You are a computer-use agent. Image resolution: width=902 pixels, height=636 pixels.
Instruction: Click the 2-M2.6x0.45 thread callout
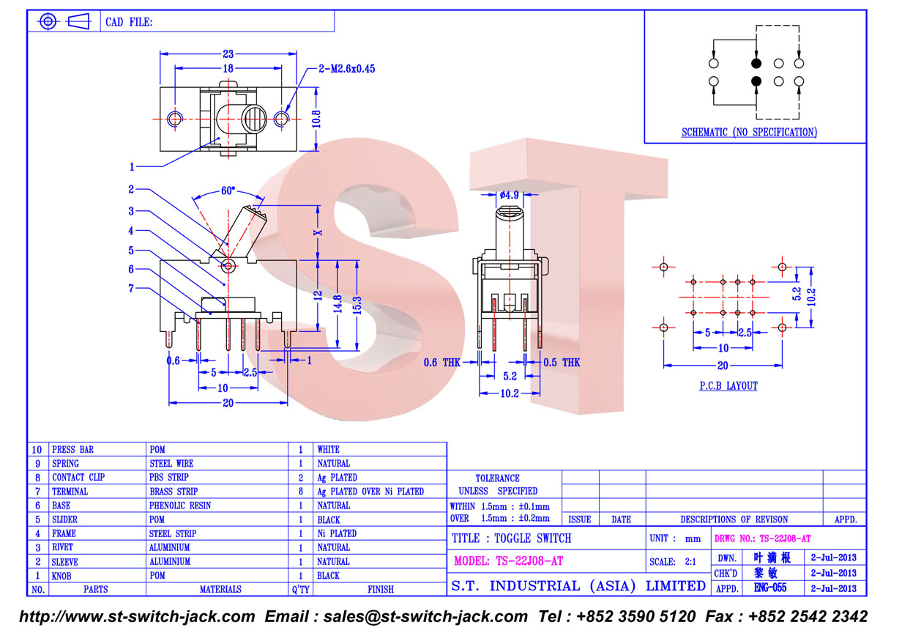[x=347, y=69]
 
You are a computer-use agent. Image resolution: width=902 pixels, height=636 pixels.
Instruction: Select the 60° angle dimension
[x=228, y=191]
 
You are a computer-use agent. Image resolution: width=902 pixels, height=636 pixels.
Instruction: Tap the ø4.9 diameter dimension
[x=509, y=196]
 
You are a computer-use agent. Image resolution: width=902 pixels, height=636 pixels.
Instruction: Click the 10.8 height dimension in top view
[x=316, y=119]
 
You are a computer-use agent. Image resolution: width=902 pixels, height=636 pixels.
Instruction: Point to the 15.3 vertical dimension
[x=357, y=305]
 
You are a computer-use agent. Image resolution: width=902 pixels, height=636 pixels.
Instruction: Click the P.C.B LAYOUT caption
[x=728, y=386]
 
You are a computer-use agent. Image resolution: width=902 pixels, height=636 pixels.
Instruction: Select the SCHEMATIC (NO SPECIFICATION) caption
[x=749, y=132]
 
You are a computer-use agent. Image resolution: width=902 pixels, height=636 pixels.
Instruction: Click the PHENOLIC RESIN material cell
[x=180, y=506]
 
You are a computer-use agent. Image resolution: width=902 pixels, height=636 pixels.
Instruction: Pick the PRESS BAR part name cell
[x=73, y=449]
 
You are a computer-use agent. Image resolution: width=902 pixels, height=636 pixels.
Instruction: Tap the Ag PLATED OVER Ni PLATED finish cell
[x=370, y=492]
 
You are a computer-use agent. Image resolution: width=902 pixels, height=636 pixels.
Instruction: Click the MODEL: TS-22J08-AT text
[x=508, y=561]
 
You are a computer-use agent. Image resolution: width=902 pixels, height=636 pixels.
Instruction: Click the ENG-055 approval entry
[x=770, y=588]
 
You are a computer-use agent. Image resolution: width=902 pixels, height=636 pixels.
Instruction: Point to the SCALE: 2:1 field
[x=672, y=562]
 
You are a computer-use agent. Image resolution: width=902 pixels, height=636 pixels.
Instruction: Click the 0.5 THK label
[x=562, y=363]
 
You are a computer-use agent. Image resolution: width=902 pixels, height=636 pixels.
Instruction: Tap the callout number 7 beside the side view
[x=131, y=288]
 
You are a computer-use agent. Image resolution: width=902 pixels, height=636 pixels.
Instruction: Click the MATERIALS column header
[x=220, y=589]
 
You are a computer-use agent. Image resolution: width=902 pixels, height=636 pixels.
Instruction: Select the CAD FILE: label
[x=129, y=22]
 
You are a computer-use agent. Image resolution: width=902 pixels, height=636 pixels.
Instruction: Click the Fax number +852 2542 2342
[x=786, y=616]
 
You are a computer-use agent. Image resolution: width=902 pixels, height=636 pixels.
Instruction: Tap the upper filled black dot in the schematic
[x=756, y=63]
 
